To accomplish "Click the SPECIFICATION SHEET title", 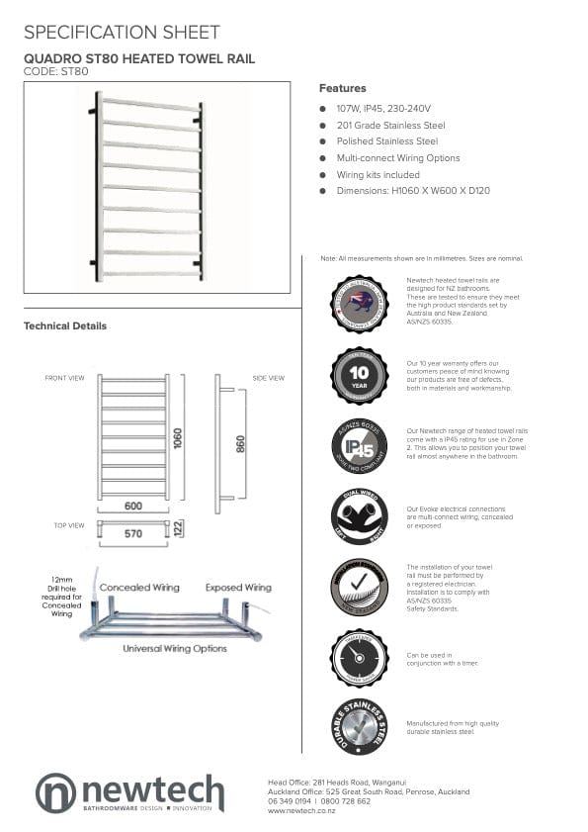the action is (x=122, y=33).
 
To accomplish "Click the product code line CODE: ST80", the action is (x=55, y=71).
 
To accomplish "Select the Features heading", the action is (x=342, y=88).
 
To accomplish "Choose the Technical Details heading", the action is (x=65, y=325).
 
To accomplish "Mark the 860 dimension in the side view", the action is (x=240, y=444).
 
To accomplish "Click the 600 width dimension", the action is (x=133, y=507).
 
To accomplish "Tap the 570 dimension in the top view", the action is (x=132, y=533).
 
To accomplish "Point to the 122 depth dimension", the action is (x=178, y=529).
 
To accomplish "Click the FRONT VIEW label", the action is (x=64, y=378).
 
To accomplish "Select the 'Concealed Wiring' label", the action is (x=139, y=588).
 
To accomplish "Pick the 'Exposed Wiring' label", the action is (x=238, y=588).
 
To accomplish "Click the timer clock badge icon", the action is (x=359, y=658).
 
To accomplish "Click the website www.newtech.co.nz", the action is (x=301, y=811).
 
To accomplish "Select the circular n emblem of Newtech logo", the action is (x=55, y=792).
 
